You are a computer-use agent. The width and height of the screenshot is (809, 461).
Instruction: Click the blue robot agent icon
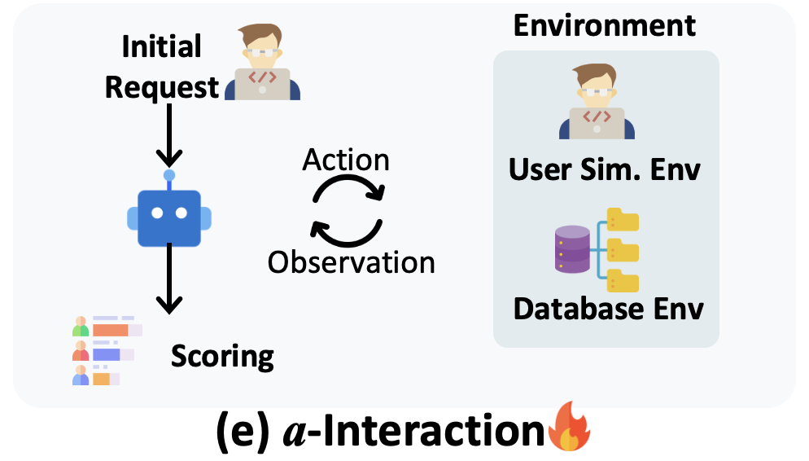point(169,216)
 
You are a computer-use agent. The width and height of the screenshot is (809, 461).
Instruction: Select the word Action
point(345,160)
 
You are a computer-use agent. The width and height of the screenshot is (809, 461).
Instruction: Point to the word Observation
point(352,261)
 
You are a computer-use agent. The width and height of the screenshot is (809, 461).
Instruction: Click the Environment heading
point(605,25)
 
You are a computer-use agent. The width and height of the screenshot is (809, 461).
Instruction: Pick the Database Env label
point(608,309)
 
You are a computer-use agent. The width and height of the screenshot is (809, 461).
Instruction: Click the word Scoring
point(222,356)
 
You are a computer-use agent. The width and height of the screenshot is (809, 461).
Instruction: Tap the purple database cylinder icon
point(571,249)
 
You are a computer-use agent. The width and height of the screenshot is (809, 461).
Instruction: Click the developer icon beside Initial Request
point(262,63)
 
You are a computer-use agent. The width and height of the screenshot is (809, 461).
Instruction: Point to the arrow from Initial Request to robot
point(169,134)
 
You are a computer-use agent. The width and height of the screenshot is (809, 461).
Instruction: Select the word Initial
point(161,47)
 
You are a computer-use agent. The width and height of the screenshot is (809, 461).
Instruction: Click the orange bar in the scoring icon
point(111,330)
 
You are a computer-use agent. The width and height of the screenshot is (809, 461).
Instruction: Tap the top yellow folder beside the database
point(623,220)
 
